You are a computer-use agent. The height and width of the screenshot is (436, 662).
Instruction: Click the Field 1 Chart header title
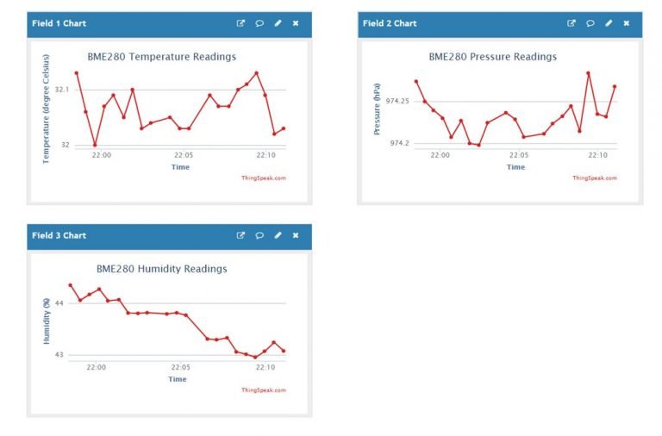59,23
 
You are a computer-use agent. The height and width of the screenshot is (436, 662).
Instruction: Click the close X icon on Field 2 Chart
627,23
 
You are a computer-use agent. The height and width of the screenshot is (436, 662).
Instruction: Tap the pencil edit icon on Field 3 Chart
278,235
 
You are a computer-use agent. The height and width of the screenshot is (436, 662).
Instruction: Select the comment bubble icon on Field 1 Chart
259,23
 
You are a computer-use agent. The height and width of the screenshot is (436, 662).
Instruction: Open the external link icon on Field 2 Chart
571,23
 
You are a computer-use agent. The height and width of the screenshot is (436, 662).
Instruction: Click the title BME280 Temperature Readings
161,57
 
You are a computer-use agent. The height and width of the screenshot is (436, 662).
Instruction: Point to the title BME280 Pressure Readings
492,57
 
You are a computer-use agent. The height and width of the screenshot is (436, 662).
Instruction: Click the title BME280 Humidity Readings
161,269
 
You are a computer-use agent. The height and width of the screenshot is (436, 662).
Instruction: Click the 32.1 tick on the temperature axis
62,90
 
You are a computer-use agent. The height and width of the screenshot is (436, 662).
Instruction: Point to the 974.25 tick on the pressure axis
397,102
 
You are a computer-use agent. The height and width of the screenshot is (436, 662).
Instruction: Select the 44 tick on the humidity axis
59,303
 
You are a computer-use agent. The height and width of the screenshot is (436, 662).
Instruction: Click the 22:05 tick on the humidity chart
180,367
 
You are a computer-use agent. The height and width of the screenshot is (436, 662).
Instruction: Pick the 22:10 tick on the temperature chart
265,155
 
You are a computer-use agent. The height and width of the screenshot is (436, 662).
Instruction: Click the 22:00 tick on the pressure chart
440,155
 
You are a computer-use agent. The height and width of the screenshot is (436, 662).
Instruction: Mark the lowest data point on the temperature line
95,145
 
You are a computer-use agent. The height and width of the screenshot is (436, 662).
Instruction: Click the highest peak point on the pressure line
588,73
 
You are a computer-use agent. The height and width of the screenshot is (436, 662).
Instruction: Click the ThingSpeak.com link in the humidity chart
264,389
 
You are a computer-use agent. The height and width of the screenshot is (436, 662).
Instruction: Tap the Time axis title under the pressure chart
515,167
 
